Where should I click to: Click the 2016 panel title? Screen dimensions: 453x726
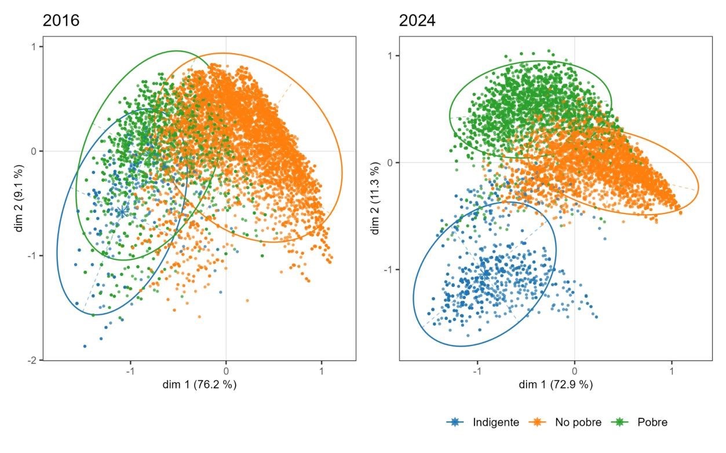click(x=61, y=21)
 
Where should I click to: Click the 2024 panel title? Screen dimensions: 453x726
click(x=417, y=21)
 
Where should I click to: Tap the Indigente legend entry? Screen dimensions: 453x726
click(x=495, y=422)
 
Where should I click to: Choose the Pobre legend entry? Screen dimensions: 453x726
click(x=652, y=422)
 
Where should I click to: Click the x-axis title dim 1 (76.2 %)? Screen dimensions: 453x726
click(x=199, y=384)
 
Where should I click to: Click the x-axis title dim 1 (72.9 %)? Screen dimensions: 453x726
click(x=556, y=384)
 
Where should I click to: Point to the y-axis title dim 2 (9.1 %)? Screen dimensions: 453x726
click(x=20, y=198)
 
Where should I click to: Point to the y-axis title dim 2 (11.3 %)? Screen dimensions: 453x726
click(x=376, y=198)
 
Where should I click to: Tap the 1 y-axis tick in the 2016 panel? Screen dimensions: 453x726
click(x=35, y=47)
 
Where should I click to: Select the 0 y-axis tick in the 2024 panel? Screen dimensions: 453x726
click(x=391, y=163)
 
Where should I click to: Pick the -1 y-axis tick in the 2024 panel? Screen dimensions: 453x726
click(x=389, y=270)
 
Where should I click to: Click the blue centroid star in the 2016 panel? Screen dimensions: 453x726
click(x=122, y=212)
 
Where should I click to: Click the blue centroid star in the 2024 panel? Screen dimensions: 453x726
click(x=484, y=274)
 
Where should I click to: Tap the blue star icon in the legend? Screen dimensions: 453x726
click(x=456, y=422)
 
